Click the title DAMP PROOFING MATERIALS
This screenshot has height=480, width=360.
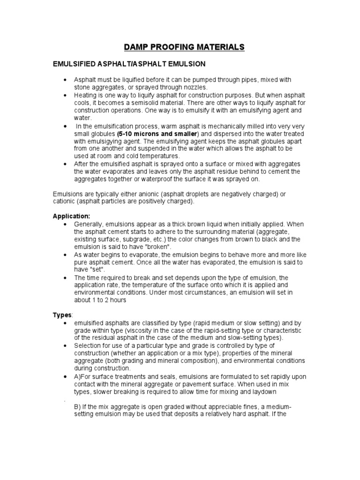[x=184, y=47]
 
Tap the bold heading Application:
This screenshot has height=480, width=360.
[x=71, y=217]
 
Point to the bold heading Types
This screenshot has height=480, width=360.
[x=61, y=315]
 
